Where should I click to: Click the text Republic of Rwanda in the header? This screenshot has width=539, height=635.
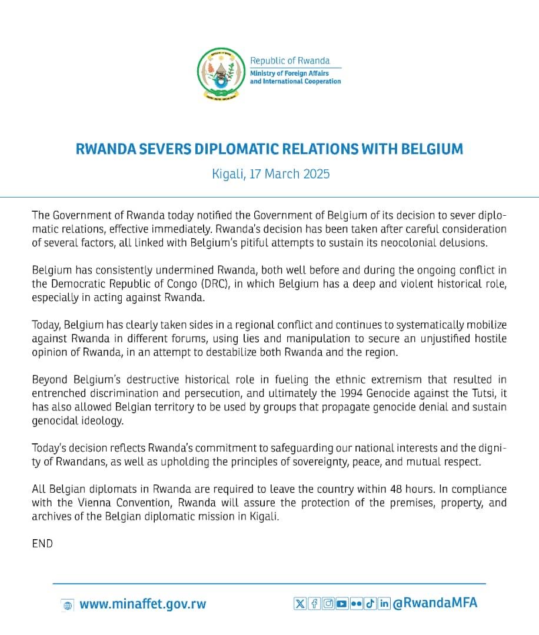coord(290,61)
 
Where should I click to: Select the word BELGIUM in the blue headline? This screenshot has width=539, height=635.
coord(431,149)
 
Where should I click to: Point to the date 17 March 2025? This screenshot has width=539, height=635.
coord(288,174)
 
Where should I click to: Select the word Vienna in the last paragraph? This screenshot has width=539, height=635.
coord(96,503)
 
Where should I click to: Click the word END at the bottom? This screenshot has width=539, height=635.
coord(42,544)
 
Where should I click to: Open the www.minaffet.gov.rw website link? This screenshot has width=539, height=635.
coord(143,604)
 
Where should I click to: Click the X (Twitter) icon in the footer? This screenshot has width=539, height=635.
coord(300,603)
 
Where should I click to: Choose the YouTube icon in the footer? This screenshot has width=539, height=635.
coord(341,603)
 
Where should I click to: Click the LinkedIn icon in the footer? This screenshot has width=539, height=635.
coord(384,603)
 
